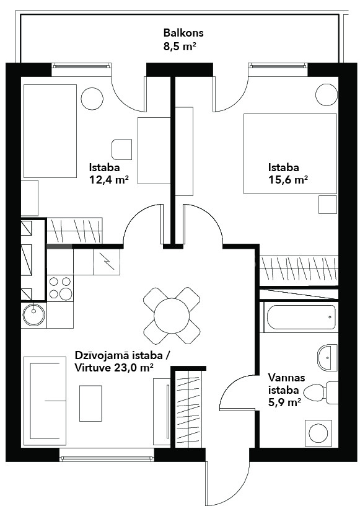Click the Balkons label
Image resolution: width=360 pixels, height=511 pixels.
pyautogui.click(x=183, y=33)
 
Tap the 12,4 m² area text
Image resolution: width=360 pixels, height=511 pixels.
pyautogui.click(x=108, y=180)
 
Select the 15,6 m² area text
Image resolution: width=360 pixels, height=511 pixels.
pyautogui.click(x=288, y=180)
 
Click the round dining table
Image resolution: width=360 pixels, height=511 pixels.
pyautogui.click(x=172, y=315)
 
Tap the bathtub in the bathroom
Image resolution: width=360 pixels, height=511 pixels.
pyautogui.click(x=301, y=318)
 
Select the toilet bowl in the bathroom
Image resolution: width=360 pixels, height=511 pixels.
pyautogui.click(x=317, y=393)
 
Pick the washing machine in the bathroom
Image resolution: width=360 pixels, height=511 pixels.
pyautogui.click(x=318, y=433)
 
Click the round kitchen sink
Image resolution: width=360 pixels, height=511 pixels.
pyautogui.click(x=33, y=315)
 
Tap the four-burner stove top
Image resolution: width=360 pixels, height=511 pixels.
pyautogui.click(x=60, y=288)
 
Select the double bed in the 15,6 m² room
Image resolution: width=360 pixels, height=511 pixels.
pyautogui.click(x=290, y=154)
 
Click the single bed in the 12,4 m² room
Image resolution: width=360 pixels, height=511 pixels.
pyautogui.click(x=49, y=131)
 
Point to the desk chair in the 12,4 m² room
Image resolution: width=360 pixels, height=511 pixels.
pyautogui.click(x=121, y=149)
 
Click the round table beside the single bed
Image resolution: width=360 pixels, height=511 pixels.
pyautogui.click(x=92, y=99)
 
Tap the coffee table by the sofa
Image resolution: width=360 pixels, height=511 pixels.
pyautogui.click(x=90, y=403)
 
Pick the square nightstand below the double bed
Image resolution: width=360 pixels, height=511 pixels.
pyautogui.click(x=327, y=205)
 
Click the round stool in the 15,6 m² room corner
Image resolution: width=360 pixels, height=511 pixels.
pyautogui.click(x=327, y=94)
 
